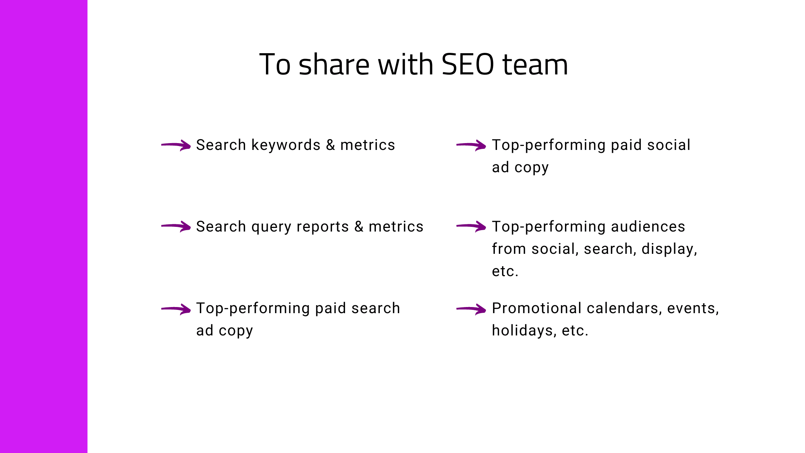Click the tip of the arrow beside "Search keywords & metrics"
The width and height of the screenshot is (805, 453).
(x=190, y=146)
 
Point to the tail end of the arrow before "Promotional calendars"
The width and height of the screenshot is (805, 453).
(x=457, y=308)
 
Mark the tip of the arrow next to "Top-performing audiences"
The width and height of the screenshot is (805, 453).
(x=486, y=227)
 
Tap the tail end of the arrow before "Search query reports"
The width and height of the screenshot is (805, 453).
(x=162, y=226)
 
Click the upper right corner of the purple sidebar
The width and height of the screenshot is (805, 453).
(x=87, y=0)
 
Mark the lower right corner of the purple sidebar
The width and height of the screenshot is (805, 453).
(x=87, y=453)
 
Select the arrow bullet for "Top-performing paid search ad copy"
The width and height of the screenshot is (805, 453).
(x=176, y=309)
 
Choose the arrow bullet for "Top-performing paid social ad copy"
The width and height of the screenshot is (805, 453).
(x=471, y=145)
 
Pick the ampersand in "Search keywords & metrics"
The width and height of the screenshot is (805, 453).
(x=331, y=145)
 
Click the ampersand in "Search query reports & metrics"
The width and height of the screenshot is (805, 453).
(x=359, y=226)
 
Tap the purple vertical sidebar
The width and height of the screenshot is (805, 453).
(x=43, y=226)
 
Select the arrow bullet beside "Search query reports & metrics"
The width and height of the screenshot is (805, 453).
(x=176, y=226)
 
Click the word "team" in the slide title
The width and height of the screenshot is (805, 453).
(x=535, y=64)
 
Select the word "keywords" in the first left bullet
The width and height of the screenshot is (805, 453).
(x=286, y=145)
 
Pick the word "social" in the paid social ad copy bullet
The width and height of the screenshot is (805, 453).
(x=669, y=145)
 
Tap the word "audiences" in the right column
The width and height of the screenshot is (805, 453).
(x=648, y=226)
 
